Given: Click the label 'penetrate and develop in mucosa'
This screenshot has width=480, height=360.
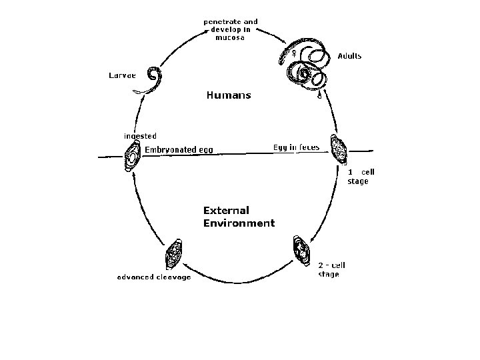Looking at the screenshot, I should coord(230,30).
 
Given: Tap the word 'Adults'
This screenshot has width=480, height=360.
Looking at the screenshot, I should coord(349,56).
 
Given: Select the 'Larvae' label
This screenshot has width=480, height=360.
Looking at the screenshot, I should coord(123,75).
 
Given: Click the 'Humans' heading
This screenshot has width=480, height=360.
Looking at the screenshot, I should coord(229,95).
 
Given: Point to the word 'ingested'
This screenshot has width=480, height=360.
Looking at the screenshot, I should coord(140,136).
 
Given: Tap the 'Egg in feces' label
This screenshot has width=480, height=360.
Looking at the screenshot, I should coord(297,147).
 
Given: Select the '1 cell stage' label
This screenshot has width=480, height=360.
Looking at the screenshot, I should coord(361,177).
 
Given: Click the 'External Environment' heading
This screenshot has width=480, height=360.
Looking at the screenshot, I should coord(238,217).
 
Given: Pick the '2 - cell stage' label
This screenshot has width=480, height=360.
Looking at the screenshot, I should coord(331,269).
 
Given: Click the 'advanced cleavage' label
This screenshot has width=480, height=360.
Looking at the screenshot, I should coord(153,277).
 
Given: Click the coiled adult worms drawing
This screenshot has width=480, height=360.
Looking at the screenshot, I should coord(307,67).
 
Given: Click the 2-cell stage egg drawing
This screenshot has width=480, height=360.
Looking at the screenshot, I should coord(301,251).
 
